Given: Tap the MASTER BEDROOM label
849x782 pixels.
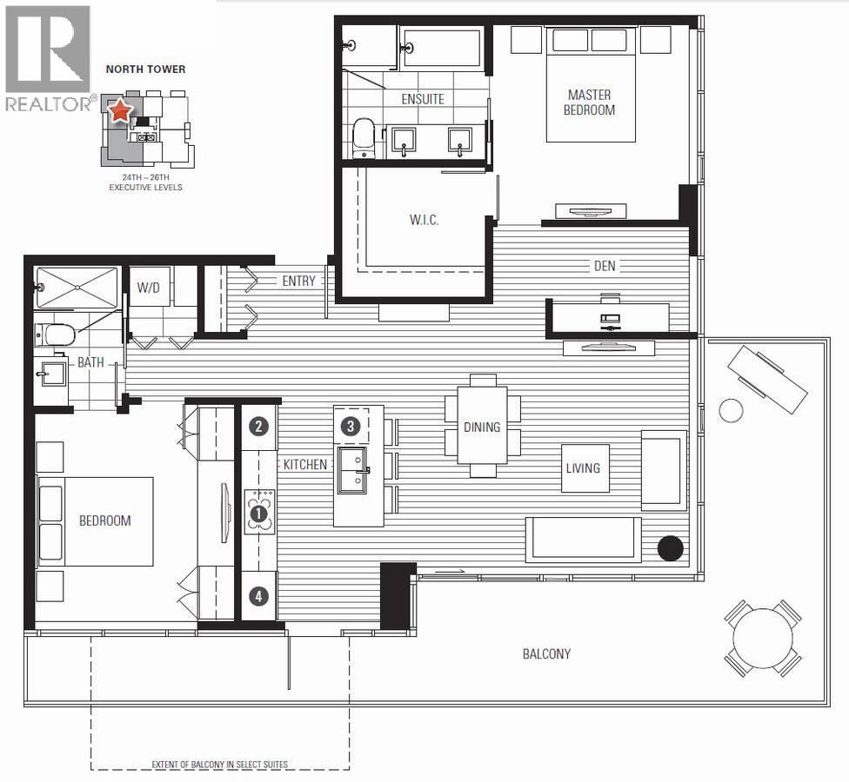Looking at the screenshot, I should point(589,103).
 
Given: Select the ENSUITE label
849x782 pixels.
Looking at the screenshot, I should point(423,99).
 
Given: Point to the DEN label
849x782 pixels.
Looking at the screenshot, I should point(605,266).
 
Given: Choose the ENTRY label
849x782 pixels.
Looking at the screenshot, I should point(298,282).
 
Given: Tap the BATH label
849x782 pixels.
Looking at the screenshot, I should point(90,362).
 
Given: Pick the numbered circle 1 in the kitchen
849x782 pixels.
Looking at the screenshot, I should point(258,514).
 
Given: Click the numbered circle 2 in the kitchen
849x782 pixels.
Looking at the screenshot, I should point(258,426).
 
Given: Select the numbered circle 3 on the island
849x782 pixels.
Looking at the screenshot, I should point(350,426).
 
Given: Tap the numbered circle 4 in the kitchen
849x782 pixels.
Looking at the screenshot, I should point(258,596).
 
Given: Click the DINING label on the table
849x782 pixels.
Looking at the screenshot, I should point(482,427).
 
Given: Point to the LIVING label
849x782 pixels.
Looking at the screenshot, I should point(583,468).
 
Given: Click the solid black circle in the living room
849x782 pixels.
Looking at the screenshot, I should point(670,548).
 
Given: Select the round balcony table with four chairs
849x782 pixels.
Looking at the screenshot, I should point(762,639).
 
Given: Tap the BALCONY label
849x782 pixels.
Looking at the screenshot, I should point(546,653).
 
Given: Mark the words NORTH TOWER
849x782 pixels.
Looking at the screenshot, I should point(145,69).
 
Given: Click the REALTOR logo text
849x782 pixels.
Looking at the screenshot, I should point(48,103).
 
